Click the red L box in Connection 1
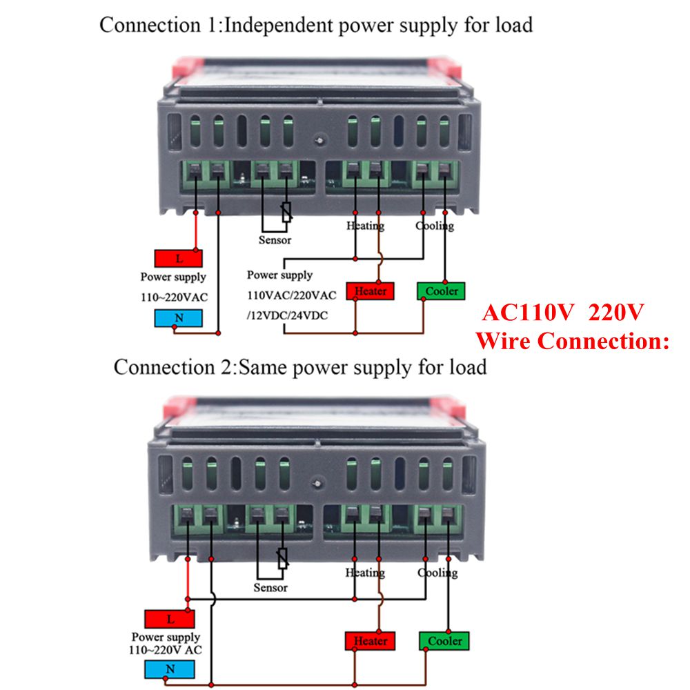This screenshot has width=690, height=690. tap(179, 259)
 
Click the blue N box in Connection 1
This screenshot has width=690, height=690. tap(179, 318)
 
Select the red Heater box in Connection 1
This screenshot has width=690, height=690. tap(370, 290)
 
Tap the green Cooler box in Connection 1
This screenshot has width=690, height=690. tap(441, 290)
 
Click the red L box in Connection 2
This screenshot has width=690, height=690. tap(170, 618)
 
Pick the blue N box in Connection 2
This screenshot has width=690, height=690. tap(170, 669)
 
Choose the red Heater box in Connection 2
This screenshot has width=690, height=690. tap(371, 641)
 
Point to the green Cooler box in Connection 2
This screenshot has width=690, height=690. tap(444, 641)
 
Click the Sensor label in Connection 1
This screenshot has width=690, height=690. tap(275, 240)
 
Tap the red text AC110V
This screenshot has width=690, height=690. tap(528, 313)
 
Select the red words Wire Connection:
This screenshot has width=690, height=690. tap(573, 340)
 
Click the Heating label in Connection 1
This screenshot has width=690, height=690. tap(365, 226)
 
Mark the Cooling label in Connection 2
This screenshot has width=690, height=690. tap(437, 573)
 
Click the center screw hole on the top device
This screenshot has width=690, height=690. tap(318, 141)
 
